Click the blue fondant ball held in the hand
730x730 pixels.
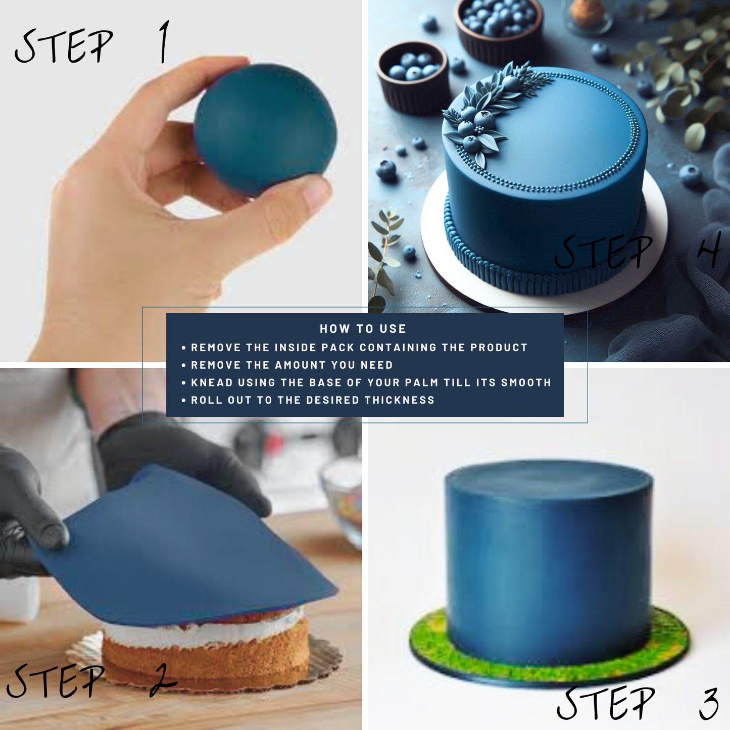[265, 129]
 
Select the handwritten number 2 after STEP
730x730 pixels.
[163, 681]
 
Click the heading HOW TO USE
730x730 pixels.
[363, 328]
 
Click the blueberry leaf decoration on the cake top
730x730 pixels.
[493, 110]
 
